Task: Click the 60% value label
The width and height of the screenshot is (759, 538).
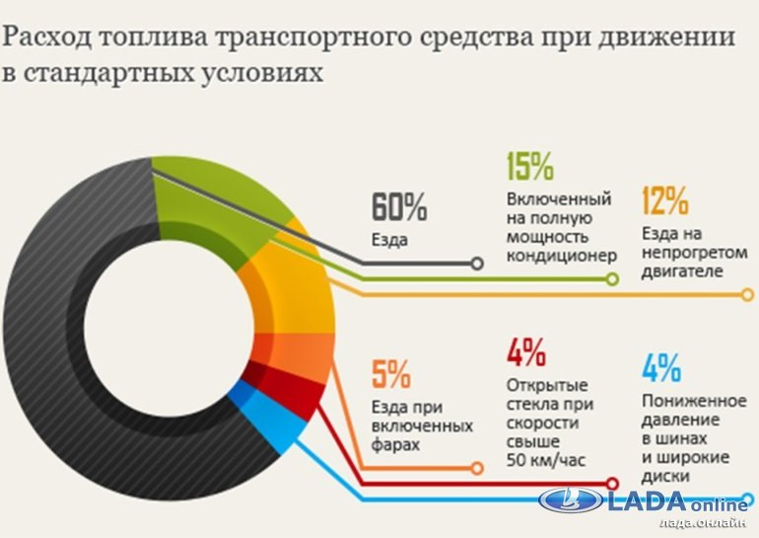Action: coord(399,207)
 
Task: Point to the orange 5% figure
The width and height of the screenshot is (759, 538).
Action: coord(391,374)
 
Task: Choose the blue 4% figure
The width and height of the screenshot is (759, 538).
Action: coord(660,368)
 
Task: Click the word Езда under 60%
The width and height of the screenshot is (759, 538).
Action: coord(390,239)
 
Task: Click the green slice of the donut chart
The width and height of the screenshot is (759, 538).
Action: coord(212,202)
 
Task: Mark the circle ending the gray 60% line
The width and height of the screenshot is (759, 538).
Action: coord(478,264)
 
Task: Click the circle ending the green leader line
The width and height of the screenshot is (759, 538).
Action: coord(611,279)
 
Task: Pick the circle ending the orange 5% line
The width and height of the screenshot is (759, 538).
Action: coord(477,467)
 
